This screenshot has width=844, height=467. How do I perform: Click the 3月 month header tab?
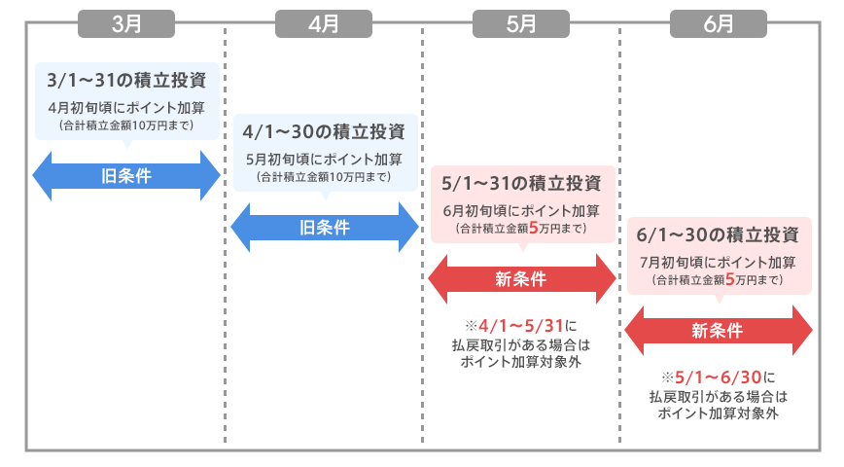(x=126, y=24)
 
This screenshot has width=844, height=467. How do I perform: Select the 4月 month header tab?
(x=323, y=24)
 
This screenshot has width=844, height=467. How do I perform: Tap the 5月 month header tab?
(x=521, y=24)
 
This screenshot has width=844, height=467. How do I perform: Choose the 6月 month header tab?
(x=718, y=24)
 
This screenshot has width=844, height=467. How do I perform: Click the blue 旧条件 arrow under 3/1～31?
(x=126, y=176)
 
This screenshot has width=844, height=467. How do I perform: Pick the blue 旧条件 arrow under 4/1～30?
(x=323, y=228)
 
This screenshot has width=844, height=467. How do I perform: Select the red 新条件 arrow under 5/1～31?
(x=521, y=279)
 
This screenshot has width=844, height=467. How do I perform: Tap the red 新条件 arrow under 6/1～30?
(x=718, y=331)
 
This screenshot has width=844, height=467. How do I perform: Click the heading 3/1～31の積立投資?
(x=126, y=79)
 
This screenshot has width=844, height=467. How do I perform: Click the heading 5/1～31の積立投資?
(x=521, y=183)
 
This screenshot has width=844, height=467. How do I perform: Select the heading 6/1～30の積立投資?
(x=718, y=235)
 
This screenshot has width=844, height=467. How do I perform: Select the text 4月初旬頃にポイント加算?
(x=126, y=107)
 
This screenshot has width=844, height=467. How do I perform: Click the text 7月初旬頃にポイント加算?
(x=718, y=263)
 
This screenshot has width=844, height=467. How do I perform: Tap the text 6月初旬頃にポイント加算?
(x=521, y=210)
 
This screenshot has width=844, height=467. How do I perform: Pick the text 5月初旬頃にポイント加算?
(x=323, y=159)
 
